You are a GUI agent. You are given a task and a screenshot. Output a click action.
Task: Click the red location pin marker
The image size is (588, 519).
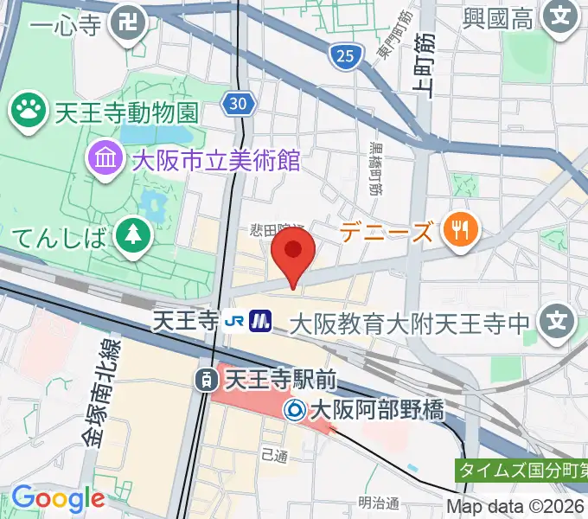[x=293, y=252]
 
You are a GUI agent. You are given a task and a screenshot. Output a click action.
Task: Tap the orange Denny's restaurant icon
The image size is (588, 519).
[x=458, y=229]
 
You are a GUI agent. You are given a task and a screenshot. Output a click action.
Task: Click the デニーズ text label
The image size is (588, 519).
[x=386, y=231]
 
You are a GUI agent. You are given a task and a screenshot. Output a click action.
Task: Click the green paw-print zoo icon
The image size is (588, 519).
[x=27, y=110]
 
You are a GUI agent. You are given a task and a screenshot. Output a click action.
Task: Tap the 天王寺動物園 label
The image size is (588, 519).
[x=127, y=112]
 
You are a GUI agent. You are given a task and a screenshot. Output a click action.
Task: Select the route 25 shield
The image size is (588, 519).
[x=344, y=57]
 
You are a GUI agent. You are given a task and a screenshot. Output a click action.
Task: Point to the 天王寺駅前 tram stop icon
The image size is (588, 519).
[x=206, y=378]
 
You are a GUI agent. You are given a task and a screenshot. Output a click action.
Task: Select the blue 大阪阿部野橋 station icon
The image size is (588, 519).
[x=295, y=407]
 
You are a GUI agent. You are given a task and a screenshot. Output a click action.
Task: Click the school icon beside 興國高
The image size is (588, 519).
[x=563, y=16]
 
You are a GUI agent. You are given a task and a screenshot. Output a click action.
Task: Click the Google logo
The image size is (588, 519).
[x=57, y=498]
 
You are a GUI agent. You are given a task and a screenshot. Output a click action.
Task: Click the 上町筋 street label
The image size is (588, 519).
[x=424, y=65]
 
